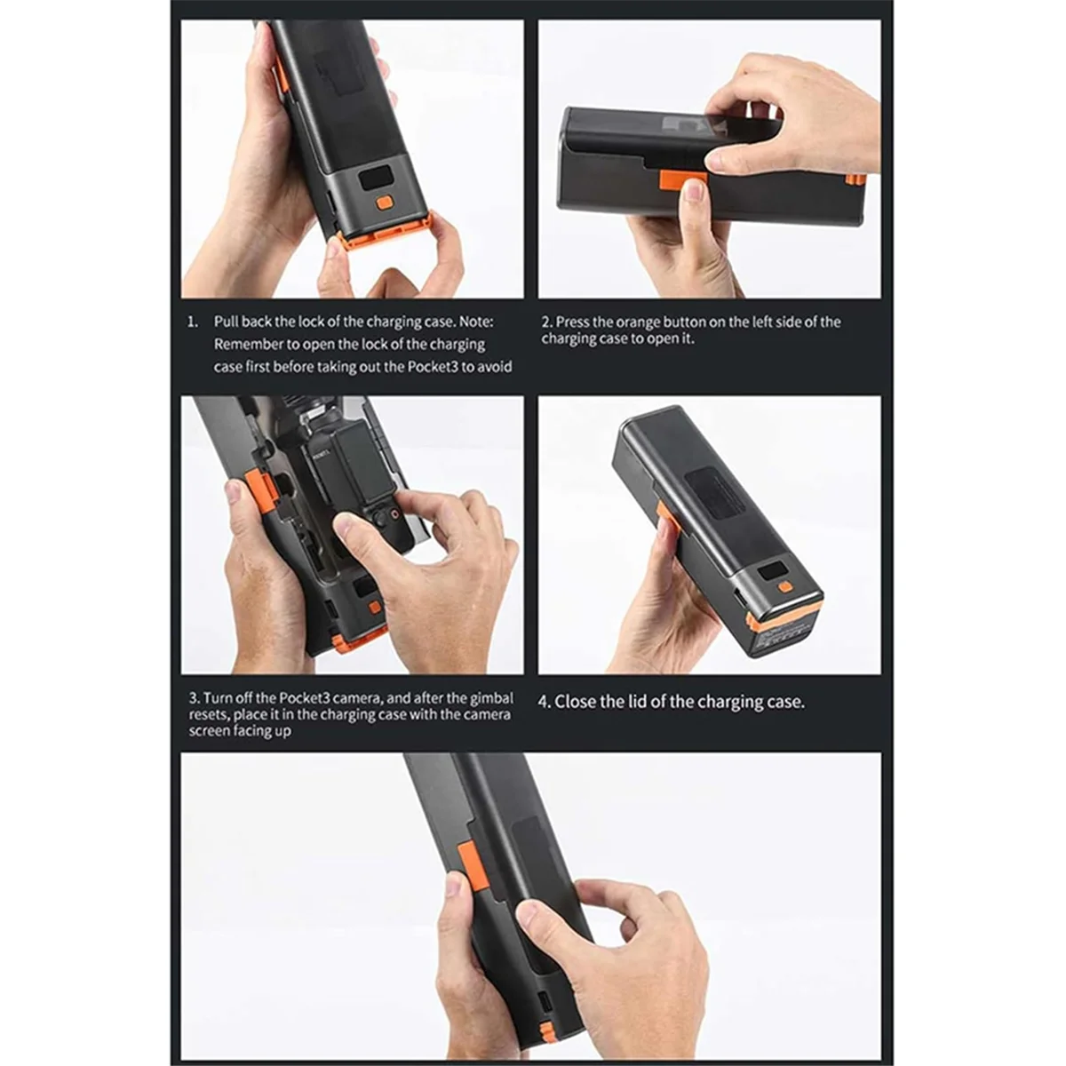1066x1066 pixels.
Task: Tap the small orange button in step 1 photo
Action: coord(385,203)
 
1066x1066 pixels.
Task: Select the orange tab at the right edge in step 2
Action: coord(855,179)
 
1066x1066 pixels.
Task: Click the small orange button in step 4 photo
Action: coord(784,586)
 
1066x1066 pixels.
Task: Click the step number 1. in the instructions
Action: coord(193,322)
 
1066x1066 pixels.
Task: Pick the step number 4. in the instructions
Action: coord(545,702)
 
